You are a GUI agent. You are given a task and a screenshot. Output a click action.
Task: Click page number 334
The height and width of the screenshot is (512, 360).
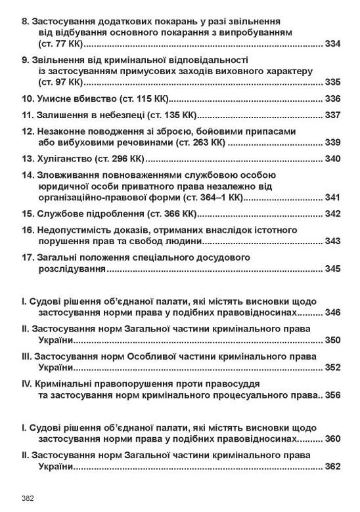click(332, 44)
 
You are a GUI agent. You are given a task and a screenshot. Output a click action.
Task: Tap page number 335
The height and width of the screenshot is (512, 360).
click(332, 83)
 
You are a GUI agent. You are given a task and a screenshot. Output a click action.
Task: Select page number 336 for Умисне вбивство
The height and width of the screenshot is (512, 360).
click(332, 99)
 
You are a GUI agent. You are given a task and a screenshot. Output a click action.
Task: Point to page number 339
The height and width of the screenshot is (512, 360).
click(332, 142)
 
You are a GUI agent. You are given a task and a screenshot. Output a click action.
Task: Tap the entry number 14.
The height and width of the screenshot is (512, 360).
click(27, 175)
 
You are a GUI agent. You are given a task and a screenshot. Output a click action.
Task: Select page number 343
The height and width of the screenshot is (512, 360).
click(332, 242)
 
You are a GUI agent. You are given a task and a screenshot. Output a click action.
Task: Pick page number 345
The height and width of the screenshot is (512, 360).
click(332, 269)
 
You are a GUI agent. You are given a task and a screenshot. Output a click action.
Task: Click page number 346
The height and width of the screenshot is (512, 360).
click(332, 312)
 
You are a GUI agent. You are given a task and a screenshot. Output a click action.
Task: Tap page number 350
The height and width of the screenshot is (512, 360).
click(332, 340)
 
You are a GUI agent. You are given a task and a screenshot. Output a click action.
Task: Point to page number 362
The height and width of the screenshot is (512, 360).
click(332, 467)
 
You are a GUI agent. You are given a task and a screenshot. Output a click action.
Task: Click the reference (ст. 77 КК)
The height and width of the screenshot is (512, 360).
click(61, 44)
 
